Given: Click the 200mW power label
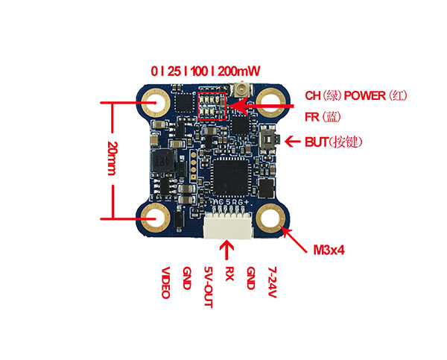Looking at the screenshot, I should [x=240, y=72].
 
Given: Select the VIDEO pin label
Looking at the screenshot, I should [x=165, y=282].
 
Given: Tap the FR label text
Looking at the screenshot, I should [x=313, y=117].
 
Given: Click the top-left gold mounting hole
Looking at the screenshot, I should [x=157, y=99].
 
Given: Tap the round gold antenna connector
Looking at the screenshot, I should [x=241, y=92].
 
